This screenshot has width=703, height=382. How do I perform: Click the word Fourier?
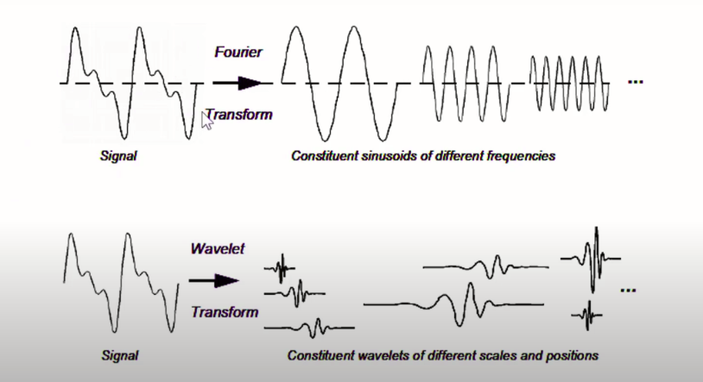pyautogui.click(x=237, y=53)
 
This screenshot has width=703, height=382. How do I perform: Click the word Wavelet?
pyautogui.click(x=218, y=249)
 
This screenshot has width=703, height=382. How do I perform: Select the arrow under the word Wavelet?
pyautogui.click(x=214, y=280)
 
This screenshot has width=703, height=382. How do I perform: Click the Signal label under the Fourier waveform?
pyautogui.click(x=118, y=158)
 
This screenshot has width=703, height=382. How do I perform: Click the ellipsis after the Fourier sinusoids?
pyautogui.click(x=636, y=82)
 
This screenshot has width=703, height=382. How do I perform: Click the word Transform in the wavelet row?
pyautogui.click(x=225, y=311)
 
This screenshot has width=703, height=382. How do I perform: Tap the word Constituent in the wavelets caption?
pyautogui.click(x=318, y=355)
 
